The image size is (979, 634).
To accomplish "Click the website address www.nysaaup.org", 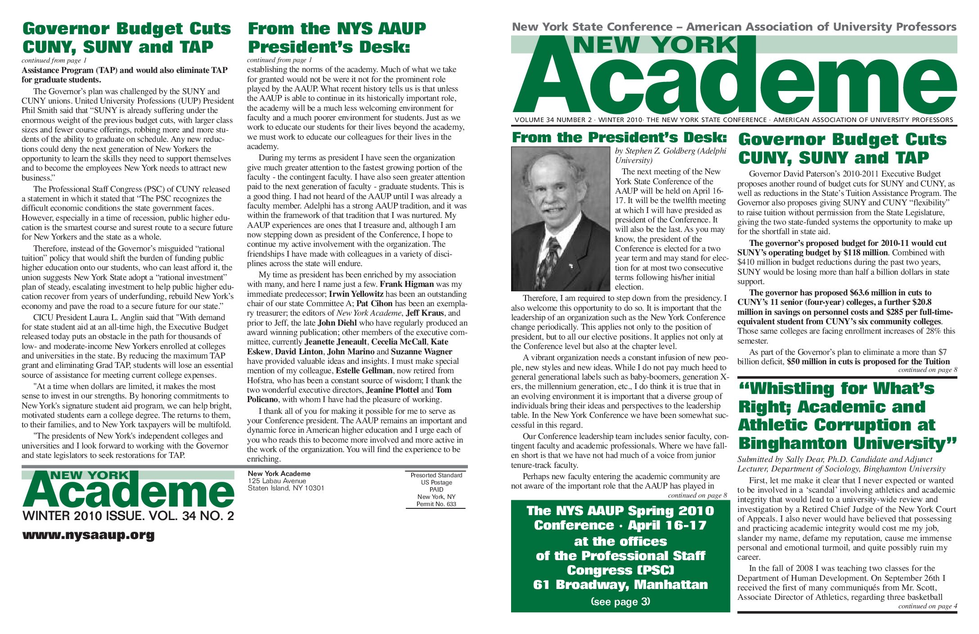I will tap(88, 535).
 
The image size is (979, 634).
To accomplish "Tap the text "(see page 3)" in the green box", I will tap(620, 602).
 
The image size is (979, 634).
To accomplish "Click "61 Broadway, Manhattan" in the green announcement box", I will tap(620, 585).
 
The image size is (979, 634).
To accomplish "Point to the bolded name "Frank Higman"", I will tap(407, 284).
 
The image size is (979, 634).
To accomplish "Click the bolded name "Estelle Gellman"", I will tap(364, 371).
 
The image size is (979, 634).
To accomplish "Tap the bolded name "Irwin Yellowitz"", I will tap(356, 294).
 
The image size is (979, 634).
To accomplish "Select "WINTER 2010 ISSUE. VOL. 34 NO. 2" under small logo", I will tap(128, 516).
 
